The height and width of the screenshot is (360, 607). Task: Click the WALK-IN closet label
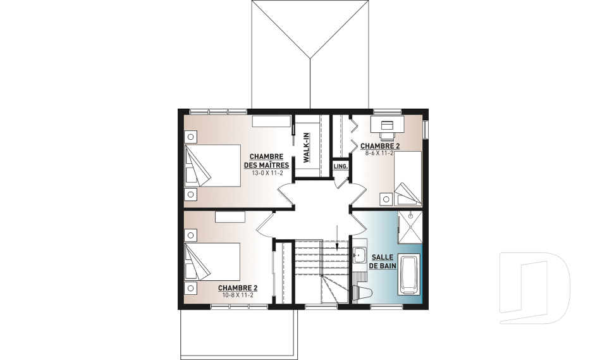[306, 147]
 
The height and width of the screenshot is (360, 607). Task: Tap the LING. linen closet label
[340, 166]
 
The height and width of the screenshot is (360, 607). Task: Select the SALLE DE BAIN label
[383, 261]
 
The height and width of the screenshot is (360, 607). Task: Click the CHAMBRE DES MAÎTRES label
[266, 161]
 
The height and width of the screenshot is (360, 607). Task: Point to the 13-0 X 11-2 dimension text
[267, 173]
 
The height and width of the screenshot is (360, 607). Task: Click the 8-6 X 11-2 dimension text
[379, 153]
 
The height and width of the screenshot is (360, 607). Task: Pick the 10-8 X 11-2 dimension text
[238, 295]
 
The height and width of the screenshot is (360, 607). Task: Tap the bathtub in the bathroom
[409, 275]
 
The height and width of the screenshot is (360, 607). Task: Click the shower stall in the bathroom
[410, 227]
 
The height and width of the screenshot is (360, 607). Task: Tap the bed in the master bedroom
[212, 166]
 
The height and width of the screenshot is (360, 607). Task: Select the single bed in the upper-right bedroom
[408, 178]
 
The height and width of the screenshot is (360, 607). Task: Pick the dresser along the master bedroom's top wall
[271, 121]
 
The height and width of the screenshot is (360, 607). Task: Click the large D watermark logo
[534, 288]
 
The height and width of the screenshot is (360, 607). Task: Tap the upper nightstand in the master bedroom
[190, 137]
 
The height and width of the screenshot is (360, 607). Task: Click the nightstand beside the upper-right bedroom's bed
[386, 199]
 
